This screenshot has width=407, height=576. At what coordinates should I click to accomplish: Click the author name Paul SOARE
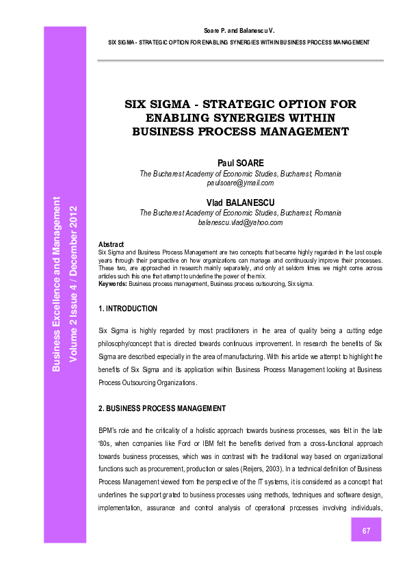pos(240,164)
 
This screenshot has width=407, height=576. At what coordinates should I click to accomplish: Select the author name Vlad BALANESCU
pos(240,203)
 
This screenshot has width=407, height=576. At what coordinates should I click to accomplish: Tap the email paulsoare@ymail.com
pos(240,183)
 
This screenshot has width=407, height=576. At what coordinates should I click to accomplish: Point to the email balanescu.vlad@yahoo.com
pos(240,222)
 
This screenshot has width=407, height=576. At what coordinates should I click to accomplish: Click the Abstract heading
pos(111,244)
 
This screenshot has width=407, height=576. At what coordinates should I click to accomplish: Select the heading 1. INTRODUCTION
pos(128,309)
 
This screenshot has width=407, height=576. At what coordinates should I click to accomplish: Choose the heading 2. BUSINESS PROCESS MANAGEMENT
pos(162,408)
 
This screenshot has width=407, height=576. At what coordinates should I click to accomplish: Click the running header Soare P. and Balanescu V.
pos(240,31)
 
